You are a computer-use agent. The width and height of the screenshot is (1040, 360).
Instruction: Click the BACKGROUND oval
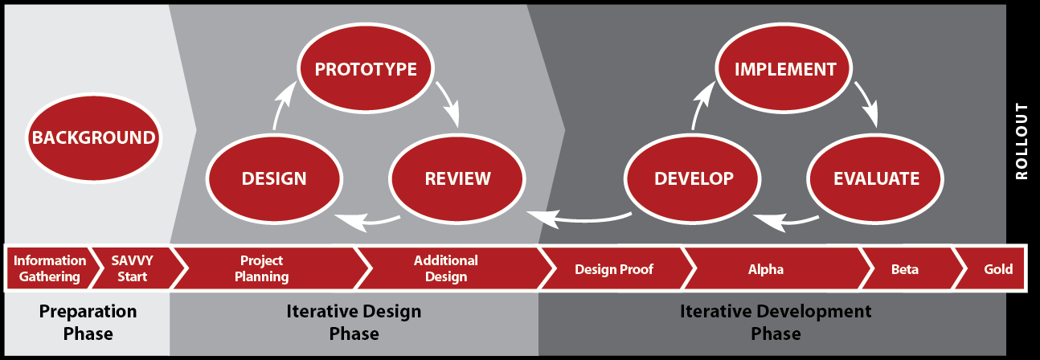pos(94,137)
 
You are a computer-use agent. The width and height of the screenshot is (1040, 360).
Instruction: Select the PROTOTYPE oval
pos(366,68)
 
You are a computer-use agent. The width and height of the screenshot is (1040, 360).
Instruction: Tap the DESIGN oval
pos(274,178)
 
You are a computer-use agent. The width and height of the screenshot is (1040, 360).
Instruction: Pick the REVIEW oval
pos(457,178)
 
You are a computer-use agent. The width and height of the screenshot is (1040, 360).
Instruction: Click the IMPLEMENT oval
pos(784,68)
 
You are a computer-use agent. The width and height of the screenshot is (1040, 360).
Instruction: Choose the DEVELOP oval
pos(693,178)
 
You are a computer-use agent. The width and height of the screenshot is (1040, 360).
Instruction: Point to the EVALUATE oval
pos(876,178)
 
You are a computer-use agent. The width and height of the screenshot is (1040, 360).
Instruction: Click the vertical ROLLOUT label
pos(1022,141)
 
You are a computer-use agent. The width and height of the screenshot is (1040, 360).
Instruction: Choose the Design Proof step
pos(614,269)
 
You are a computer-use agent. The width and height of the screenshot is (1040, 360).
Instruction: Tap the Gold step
pos(991,269)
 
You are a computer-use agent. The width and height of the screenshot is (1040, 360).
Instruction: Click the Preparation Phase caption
pos(88,322)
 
